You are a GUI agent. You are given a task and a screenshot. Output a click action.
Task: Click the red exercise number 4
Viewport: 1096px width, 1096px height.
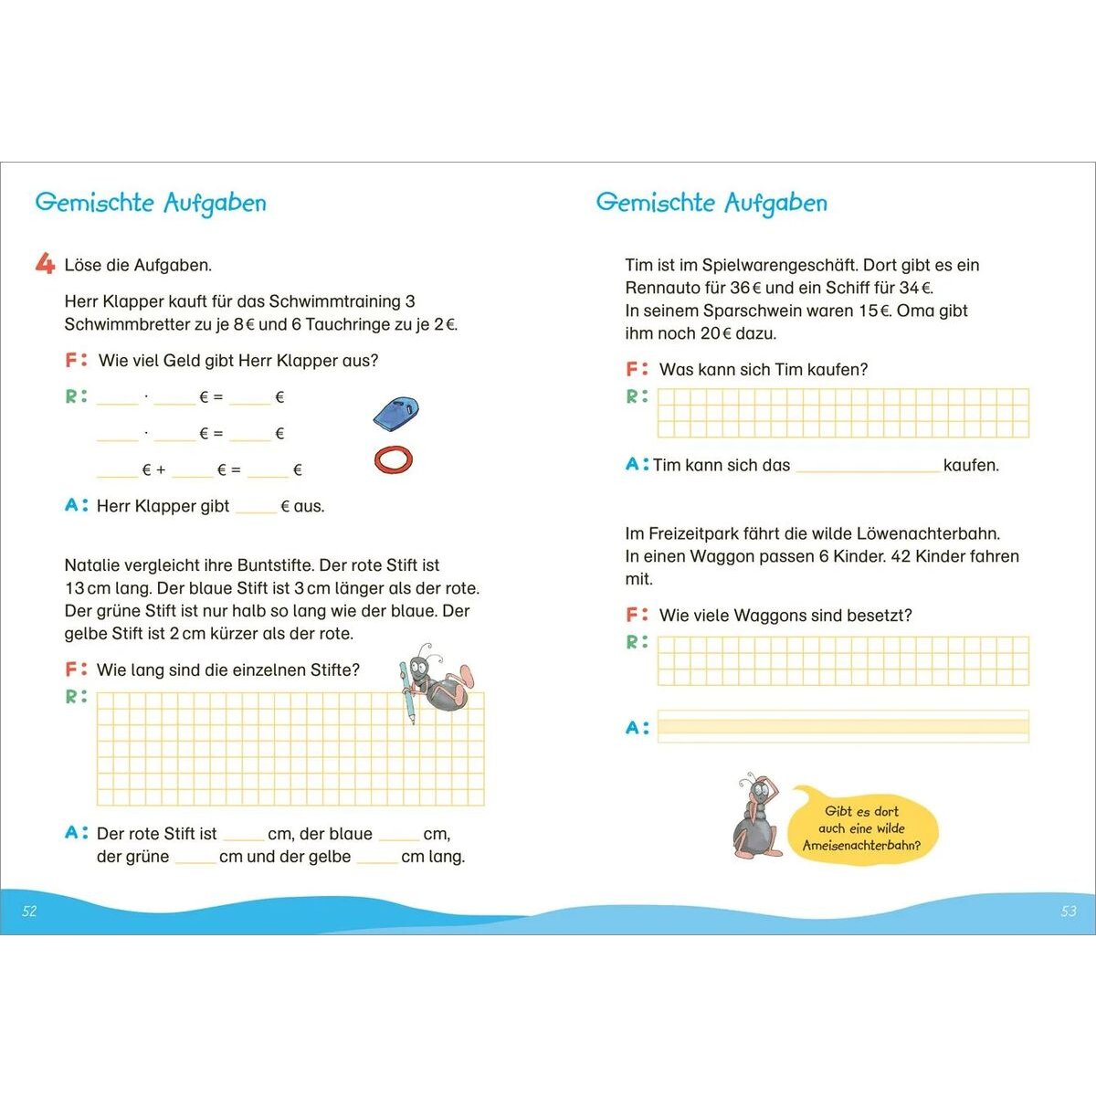pos(45,264)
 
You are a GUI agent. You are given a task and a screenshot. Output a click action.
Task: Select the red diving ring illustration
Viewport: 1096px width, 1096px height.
pos(394,458)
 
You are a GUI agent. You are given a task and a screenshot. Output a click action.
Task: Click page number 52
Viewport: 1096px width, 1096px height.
pos(29,911)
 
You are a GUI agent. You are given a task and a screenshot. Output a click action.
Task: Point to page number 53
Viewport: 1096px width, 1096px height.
pos(1069,911)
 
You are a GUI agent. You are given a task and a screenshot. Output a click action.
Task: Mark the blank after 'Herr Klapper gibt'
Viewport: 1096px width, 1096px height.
pos(256,507)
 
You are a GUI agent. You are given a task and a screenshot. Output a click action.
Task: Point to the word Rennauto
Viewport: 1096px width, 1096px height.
pos(662,288)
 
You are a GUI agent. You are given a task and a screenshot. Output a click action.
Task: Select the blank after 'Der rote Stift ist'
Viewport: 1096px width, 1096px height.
pos(243,835)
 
